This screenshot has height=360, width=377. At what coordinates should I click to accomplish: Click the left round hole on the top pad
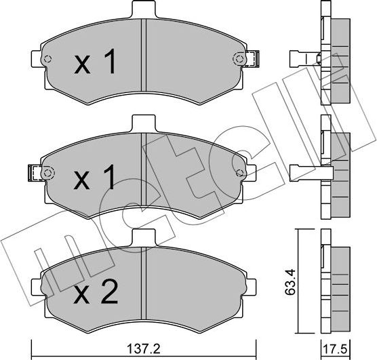click(x=47, y=59)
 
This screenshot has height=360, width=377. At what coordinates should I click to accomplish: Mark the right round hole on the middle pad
click(x=238, y=172)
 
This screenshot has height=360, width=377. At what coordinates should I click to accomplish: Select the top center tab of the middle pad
click(x=142, y=125)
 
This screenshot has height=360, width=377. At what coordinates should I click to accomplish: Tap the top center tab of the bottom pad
click(x=142, y=239)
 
